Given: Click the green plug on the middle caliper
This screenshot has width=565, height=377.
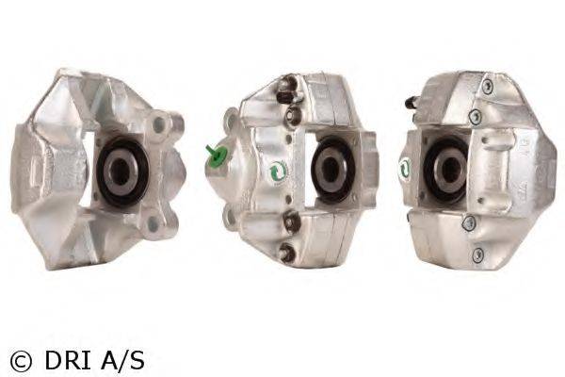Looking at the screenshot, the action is [217, 155].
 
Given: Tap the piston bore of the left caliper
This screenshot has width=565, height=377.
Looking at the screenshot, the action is [122, 172].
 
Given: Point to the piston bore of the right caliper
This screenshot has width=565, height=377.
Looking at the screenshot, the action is [445, 171].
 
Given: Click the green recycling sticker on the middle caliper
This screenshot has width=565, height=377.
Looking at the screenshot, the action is [277, 171].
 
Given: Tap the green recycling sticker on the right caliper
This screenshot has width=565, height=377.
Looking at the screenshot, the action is [405, 168].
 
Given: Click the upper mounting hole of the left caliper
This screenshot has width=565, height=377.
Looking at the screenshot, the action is [159, 124].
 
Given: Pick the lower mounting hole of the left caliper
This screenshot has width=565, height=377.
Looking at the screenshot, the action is [153, 223].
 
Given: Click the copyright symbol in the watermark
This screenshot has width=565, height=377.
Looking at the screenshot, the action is [21, 361].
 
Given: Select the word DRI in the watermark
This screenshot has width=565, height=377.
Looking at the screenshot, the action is [68, 360].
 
